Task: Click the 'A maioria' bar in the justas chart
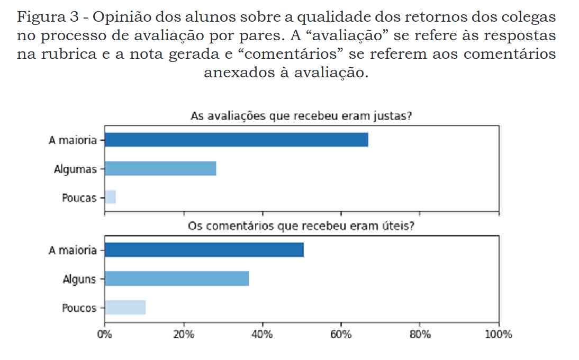[236, 140]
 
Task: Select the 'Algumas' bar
[160, 168]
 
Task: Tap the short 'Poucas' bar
[110, 197]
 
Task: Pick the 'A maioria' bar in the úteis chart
[204, 250]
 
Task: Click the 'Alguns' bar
[177, 278]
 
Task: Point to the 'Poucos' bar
[125, 308]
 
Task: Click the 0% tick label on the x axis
[105, 335]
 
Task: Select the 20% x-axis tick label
[184, 335]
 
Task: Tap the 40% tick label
[262, 335]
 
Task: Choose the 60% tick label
[341, 335]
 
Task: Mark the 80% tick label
[420, 335]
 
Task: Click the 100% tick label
[498, 335]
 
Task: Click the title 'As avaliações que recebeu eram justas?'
[301, 116]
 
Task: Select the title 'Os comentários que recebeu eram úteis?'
[301, 227]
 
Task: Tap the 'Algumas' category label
[76, 169]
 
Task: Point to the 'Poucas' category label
[79, 198]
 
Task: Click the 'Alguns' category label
[79, 279]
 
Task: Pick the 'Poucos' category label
[79, 308]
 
